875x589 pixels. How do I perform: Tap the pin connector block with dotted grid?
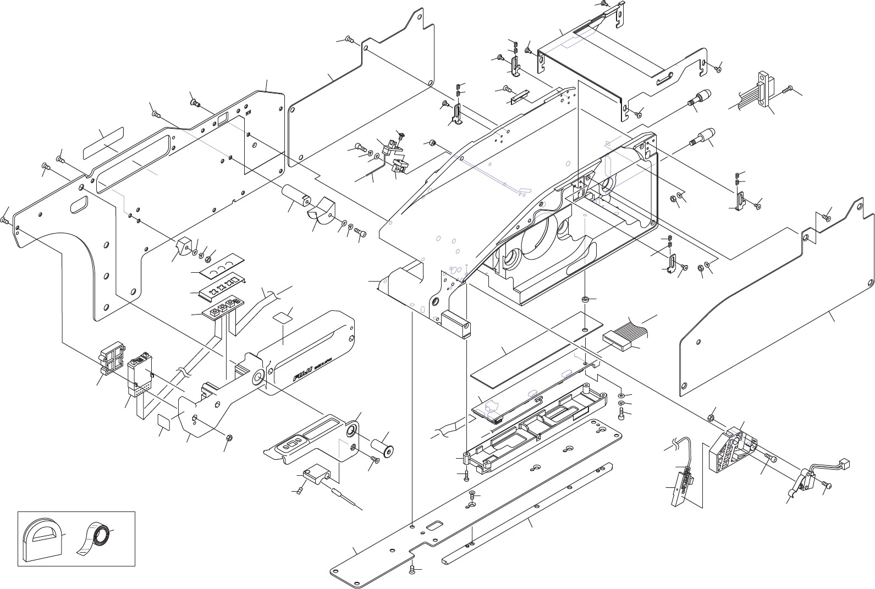pyautogui.click(x=141, y=375)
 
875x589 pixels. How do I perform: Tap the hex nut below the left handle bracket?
pyautogui.click(x=230, y=438)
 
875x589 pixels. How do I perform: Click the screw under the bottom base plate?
pyautogui.click(x=412, y=572)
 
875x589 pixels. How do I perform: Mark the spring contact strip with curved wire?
pyautogui.click(x=683, y=482)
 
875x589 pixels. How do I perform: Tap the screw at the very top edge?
pyautogui.click(x=604, y=4)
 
